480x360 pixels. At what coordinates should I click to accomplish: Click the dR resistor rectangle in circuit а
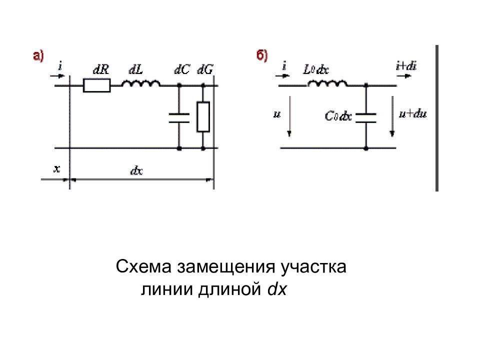96,85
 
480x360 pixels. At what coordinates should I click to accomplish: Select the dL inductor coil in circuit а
141,83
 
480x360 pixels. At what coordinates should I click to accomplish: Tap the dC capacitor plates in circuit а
179,118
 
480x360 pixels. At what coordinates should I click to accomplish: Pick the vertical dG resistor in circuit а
203,116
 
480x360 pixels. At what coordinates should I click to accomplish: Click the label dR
101,70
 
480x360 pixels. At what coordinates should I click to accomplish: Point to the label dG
205,70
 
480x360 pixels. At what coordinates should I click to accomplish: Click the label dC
182,70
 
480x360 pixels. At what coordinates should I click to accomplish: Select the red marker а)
38,56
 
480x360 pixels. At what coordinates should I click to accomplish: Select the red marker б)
262,55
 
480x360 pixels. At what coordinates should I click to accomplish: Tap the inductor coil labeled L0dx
327,83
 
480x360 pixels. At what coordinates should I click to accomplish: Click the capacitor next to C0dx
366,118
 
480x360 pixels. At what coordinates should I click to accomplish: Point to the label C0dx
338,116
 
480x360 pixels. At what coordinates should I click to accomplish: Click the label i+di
406,66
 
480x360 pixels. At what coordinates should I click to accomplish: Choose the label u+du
412,114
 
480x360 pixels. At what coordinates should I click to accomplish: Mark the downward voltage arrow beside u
289,116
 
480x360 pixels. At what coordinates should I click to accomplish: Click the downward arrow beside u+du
392,116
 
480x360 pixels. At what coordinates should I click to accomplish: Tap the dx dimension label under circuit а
136,170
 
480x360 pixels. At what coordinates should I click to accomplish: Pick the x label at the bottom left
57,168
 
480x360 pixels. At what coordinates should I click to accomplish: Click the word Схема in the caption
143,266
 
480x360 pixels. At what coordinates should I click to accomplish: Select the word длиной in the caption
229,289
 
